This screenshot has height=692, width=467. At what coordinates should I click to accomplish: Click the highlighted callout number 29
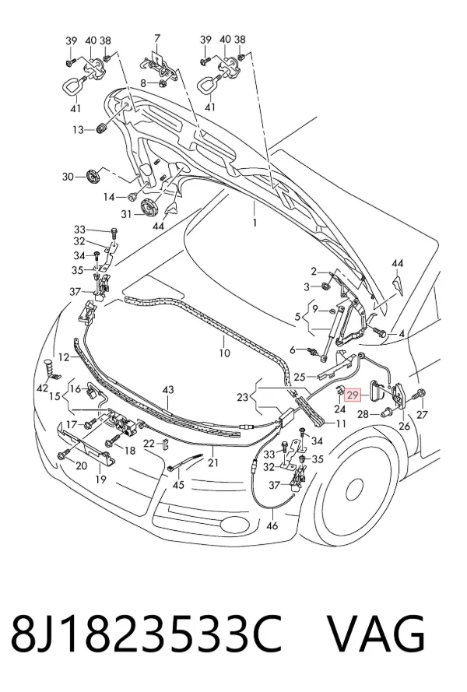pyautogui.click(x=353, y=395)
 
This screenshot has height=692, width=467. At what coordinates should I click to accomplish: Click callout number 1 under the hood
pyautogui.click(x=255, y=223)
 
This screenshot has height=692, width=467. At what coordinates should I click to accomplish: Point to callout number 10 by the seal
pyautogui.click(x=224, y=353)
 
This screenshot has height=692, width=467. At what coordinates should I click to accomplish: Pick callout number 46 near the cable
pyautogui.click(x=272, y=525)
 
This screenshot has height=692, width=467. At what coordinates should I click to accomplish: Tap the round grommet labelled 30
pyautogui.click(x=93, y=177)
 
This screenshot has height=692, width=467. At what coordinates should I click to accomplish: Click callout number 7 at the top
pyautogui.click(x=156, y=38)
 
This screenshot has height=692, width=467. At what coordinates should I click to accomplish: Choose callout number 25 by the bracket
pyautogui.click(x=300, y=377)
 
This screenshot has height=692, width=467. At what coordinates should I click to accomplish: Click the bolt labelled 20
pyautogui.click(x=62, y=455)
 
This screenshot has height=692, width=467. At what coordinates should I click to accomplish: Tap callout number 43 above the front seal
pyautogui.click(x=168, y=390)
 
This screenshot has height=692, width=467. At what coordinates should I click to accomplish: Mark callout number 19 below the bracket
pyautogui.click(x=101, y=479)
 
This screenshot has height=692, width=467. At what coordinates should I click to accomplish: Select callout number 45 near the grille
pyautogui.click(x=178, y=485)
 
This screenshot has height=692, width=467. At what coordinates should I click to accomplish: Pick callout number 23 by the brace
pyautogui.click(x=242, y=397)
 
